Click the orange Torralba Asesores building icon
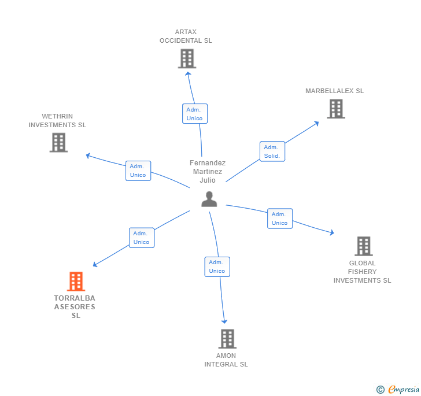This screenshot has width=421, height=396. [x=76, y=282]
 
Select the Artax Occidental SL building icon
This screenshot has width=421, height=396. [x=187, y=58]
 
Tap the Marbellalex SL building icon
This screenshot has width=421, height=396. [x=336, y=109]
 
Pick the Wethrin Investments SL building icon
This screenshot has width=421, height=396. [x=58, y=143]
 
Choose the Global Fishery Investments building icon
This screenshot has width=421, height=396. [x=364, y=246]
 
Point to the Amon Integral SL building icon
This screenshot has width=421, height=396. [x=227, y=339]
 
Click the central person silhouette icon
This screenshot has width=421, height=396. [x=209, y=199]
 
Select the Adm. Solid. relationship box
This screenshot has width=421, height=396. [x=272, y=151]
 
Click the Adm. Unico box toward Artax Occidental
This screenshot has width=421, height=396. [x=195, y=113]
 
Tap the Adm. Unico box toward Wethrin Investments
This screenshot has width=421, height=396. [x=138, y=171]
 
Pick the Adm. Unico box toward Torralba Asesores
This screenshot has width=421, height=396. [x=142, y=238]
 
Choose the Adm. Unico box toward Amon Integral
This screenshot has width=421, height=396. [x=217, y=267]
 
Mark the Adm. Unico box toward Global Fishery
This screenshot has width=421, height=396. [x=280, y=219]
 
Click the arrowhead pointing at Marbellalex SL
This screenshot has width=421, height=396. [x=316, y=123]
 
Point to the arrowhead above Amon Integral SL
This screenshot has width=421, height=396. [x=224, y=321]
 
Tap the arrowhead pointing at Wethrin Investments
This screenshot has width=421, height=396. [x=88, y=156]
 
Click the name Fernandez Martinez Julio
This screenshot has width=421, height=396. [x=208, y=172]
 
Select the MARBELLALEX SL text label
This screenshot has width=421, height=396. [x=334, y=91]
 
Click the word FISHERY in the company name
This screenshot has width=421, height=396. [x=362, y=272]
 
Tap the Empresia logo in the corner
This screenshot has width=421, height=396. [x=398, y=389]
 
